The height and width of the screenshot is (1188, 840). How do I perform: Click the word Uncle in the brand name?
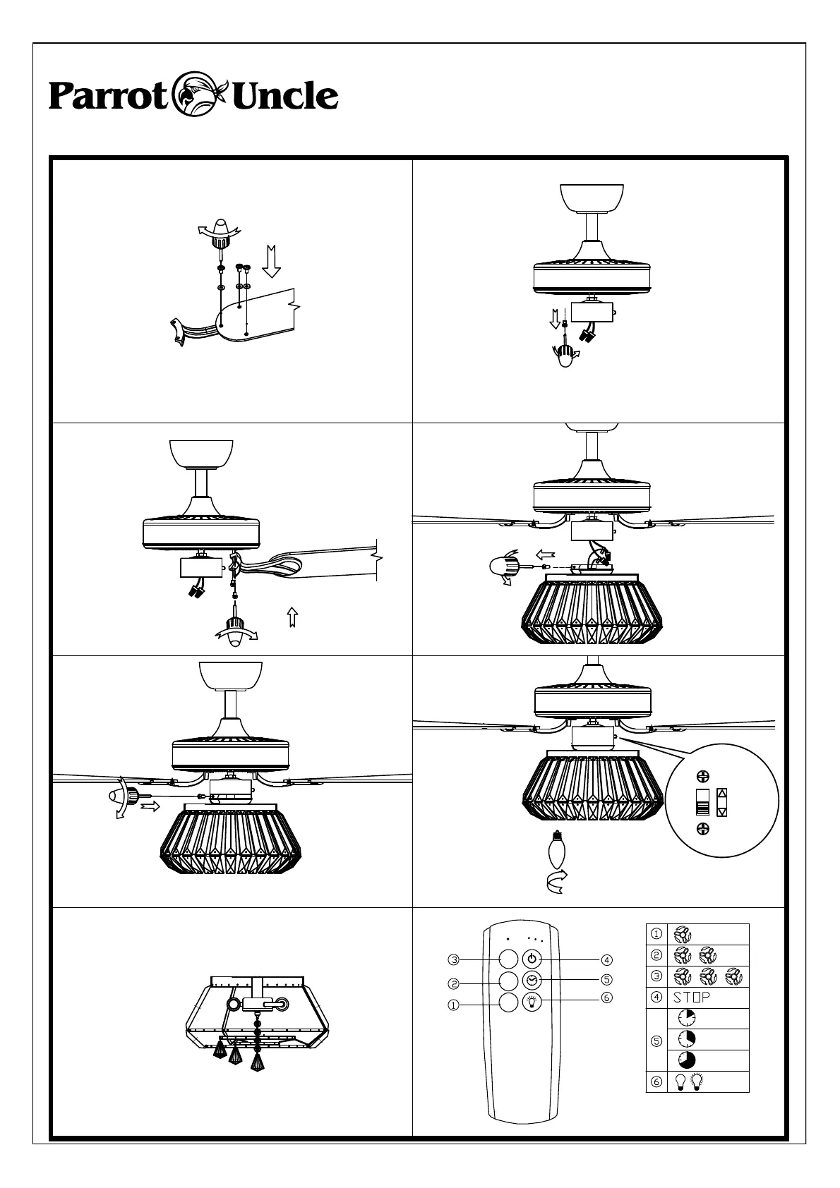click(x=284, y=96)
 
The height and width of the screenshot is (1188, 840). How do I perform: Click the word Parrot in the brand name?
click(x=107, y=97)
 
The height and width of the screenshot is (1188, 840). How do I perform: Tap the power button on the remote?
click(x=532, y=959)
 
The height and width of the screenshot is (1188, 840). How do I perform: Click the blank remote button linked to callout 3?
click(x=508, y=959)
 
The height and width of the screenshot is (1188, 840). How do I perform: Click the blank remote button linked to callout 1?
click(x=508, y=1002)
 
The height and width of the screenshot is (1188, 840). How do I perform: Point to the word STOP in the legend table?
click(x=692, y=998)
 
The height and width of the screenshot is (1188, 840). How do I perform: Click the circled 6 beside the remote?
click(x=607, y=998)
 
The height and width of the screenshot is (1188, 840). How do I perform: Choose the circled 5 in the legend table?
click(x=656, y=1039)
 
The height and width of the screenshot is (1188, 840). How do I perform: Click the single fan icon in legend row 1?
click(x=683, y=935)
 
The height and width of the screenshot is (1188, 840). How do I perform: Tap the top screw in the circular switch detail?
click(x=702, y=777)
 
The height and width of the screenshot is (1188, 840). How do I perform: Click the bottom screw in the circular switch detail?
click(x=702, y=828)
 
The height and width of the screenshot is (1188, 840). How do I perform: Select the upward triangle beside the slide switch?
click(x=721, y=793)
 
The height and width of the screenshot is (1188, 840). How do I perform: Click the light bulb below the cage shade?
click(x=558, y=851)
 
